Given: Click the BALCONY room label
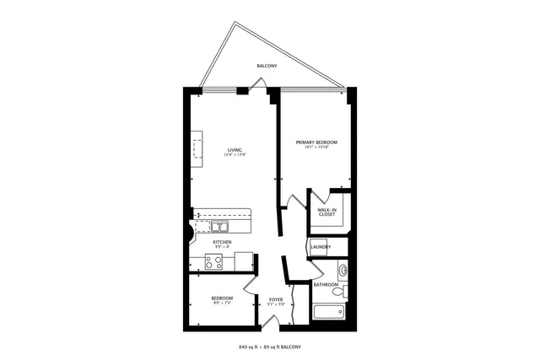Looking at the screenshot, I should coord(268,65).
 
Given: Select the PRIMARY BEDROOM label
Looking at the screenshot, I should coord(316,142).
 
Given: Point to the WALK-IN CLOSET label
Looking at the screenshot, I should coord(327,212).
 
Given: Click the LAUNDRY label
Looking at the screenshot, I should coord(321,247).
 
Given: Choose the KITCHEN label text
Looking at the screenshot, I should coord(222,243).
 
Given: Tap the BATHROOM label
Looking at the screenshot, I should coord(326,285).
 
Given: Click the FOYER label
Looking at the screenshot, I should coord(276,299).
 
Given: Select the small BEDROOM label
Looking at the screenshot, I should coord(222,298).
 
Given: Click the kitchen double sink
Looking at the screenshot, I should coord(219,226).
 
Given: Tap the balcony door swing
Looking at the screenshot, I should coord(261,83).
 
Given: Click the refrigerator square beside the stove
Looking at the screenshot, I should coord(244,261).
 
